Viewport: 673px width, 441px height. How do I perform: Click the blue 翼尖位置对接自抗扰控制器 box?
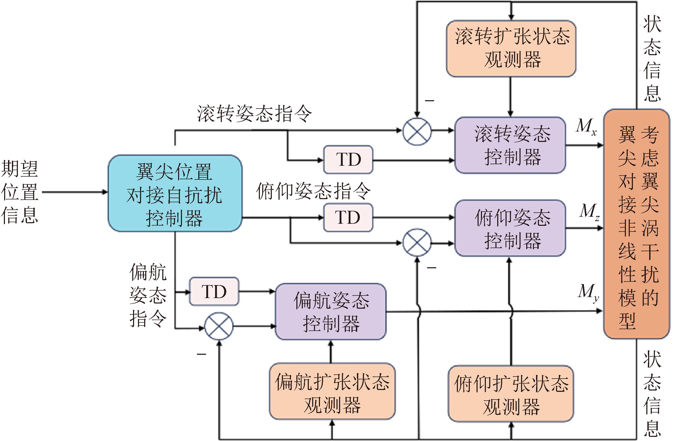pos(175,193)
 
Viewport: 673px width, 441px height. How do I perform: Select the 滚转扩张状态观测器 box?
pos(511,48)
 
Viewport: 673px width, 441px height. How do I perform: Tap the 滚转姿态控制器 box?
pos(510,145)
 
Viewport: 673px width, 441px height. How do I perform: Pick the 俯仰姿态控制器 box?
pos(510,228)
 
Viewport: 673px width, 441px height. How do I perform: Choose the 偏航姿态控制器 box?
pos(331,312)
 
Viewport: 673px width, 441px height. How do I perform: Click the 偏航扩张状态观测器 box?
pos(332,391)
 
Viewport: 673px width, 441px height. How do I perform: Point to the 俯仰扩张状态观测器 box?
pos(511,393)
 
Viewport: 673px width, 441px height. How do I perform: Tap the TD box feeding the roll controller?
pos(348,160)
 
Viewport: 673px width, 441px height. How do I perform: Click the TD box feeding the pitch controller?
pos(348,218)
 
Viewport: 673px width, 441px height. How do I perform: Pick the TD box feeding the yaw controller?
pos(214,291)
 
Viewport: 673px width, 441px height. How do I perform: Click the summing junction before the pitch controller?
pos(417,243)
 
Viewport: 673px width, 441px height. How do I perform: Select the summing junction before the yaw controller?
pos(218,327)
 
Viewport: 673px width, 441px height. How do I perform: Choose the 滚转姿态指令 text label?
pos(254,114)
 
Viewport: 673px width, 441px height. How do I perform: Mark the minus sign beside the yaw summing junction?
pos(201,354)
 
